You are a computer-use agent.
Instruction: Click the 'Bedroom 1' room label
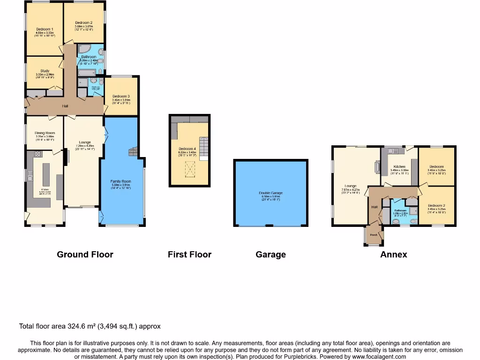click(45, 30)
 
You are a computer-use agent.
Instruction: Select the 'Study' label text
click(45, 71)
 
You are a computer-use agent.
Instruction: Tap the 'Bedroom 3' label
click(120, 97)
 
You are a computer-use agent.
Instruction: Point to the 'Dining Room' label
click(45, 133)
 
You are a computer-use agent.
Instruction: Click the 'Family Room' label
click(120, 181)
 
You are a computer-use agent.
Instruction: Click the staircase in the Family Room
click(133, 151)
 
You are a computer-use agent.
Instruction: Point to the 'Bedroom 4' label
click(187, 149)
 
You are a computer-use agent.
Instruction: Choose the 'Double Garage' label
click(270, 193)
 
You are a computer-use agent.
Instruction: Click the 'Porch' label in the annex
click(374, 235)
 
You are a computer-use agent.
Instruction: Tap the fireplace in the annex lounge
click(378, 167)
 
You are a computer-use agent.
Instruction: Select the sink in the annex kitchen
click(393, 151)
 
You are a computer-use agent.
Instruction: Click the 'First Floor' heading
click(189, 255)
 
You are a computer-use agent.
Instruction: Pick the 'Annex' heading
click(393, 255)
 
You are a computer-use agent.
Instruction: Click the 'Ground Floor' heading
click(85, 255)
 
